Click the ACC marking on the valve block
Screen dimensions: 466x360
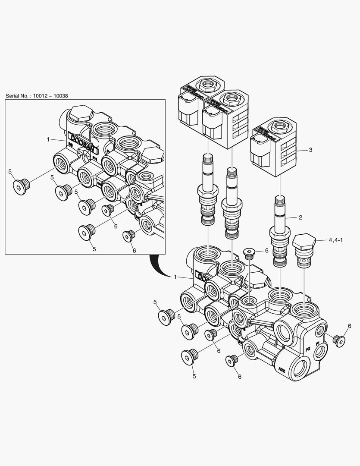pyautogui.click(x=282, y=369)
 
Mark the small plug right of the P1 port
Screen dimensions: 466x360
pyautogui.click(x=339, y=340)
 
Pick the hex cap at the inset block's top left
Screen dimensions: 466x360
pyautogui.click(x=81, y=114)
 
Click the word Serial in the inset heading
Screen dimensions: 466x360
pyautogui.click(x=13, y=96)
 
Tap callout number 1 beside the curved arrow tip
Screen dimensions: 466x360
pyautogui.click(x=175, y=277)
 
